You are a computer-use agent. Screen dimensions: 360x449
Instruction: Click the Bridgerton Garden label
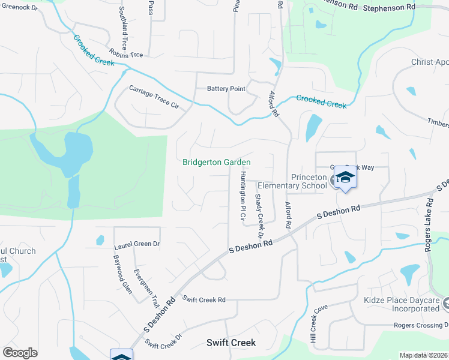coord(217,163)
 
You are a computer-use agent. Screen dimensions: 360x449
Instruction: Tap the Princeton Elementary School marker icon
coord(345,178)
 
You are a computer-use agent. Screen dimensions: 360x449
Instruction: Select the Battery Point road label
coord(226,89)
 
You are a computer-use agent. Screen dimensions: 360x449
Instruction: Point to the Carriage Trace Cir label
coord(154,97)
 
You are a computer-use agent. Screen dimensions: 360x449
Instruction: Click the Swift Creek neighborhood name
coord(231,343)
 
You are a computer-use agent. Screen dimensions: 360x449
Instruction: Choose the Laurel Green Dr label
coord(137,244)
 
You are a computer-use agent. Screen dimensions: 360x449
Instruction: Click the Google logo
coord(20,353)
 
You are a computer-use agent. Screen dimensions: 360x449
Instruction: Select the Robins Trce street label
coord(126,53)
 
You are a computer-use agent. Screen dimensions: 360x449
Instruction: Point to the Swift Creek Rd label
coord(204,299)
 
